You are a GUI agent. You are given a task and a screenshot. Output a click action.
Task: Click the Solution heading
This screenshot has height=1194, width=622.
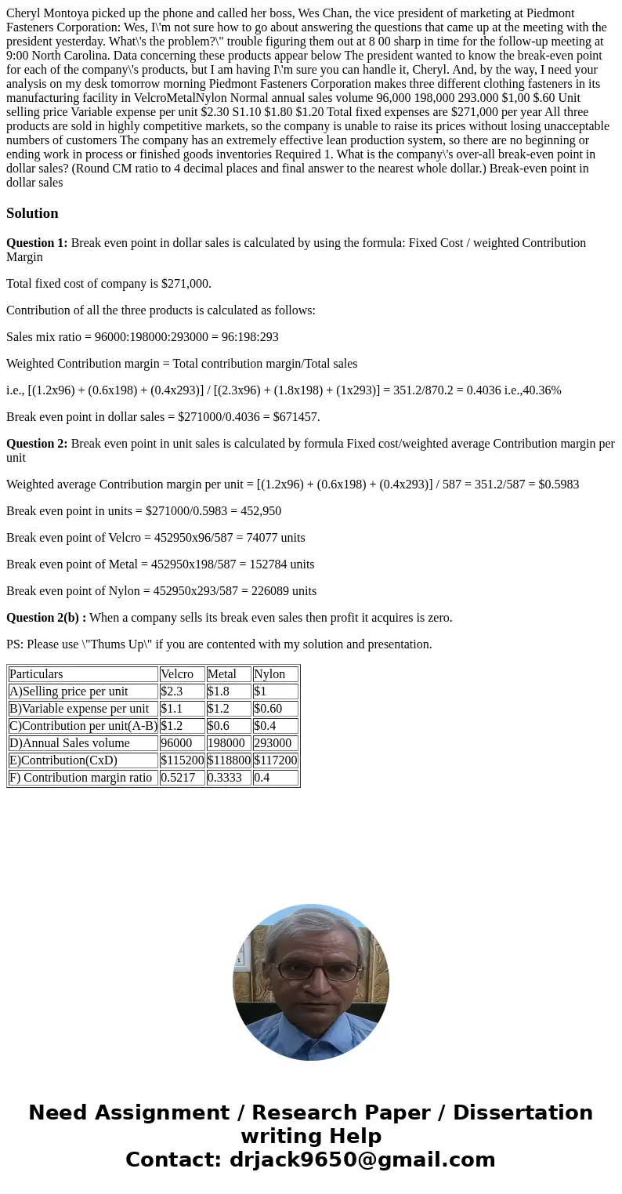[x=32, y=213]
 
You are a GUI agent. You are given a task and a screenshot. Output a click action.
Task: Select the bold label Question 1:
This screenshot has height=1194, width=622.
[x=37, y=243]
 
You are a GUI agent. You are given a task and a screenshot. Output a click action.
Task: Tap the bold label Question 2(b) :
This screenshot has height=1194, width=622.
[x=46, y=618]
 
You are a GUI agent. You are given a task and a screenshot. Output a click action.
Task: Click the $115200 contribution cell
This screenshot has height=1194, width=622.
[x=182, y=760]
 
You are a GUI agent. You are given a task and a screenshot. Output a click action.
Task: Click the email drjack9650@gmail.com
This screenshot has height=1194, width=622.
[x=362, y=1160]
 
